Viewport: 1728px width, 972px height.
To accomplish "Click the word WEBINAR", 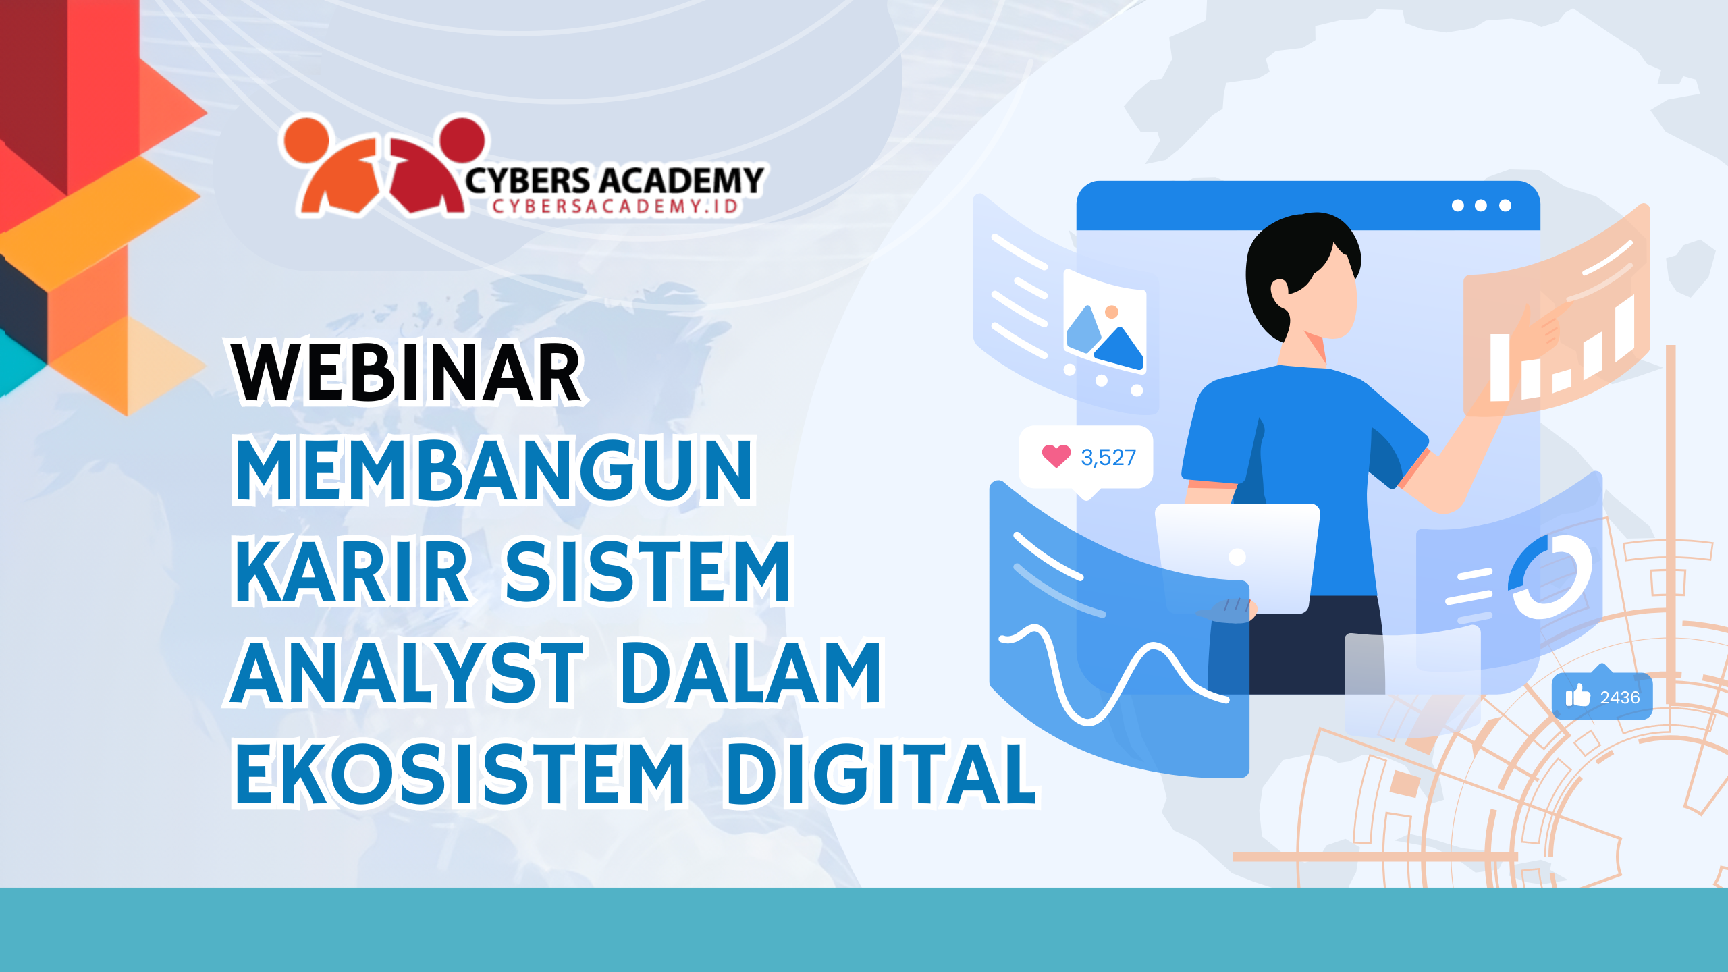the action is pos(406,373).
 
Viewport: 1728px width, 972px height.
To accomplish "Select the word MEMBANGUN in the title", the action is pos(493,470).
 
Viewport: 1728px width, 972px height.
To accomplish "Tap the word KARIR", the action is pos(351,571).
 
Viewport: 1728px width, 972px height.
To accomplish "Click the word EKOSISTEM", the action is pos(460,774).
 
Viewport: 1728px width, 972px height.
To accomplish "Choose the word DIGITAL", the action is pos(880,774).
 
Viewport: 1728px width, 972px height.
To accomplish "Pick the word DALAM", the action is pos(751,672).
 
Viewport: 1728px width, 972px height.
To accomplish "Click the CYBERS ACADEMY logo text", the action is pos(614,180).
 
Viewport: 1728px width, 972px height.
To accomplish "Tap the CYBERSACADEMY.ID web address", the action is pos(616,207).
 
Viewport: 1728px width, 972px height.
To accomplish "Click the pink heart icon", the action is pos(1056,456).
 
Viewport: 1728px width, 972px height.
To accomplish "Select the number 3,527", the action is pos(1108,458).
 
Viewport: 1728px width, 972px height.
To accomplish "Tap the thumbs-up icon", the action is pos(1578,696).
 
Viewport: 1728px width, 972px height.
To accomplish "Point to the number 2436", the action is pos(1620,697).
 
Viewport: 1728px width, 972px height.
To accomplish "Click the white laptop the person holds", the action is pos(1238,558).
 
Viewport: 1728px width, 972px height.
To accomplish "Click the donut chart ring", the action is pos(1551,575).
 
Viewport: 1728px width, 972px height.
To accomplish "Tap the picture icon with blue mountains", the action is pos(1105,321).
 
